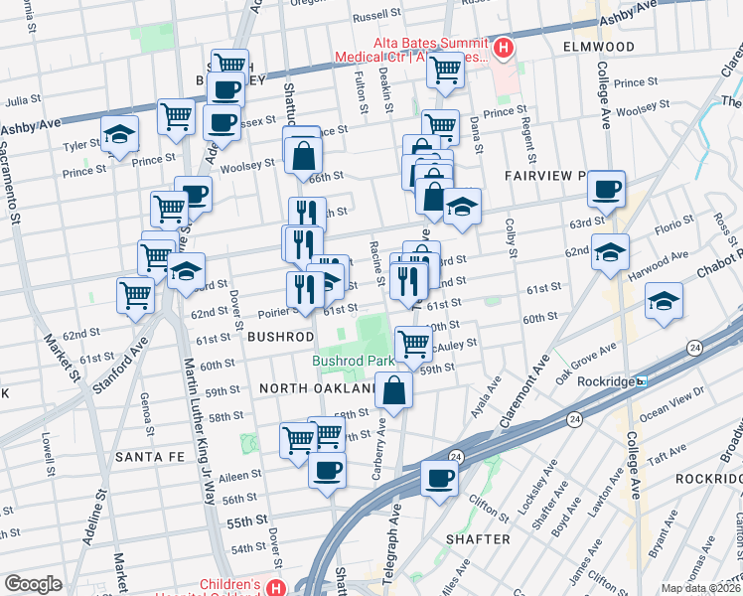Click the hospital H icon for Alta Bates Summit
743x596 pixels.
[504, 47]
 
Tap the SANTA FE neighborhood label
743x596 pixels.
[145, 457]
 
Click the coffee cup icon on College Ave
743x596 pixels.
[606, 188]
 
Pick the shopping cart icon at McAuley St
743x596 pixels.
[413, 344]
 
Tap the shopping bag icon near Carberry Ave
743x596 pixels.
[394, 390]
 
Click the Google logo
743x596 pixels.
[33, 584]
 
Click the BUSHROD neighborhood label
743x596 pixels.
[281, 337]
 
